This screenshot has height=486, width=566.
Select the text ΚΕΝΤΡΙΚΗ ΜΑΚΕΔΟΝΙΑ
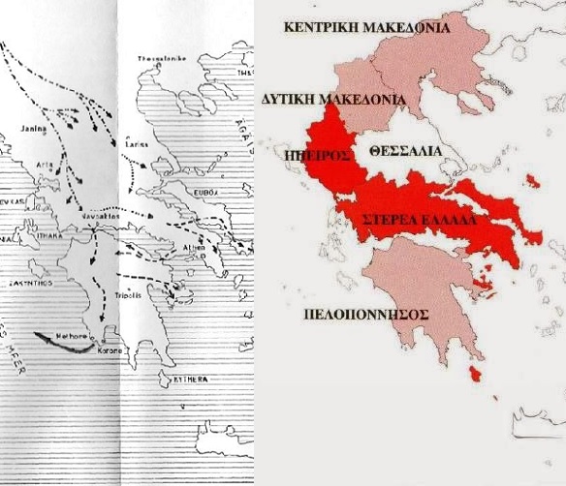366,28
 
